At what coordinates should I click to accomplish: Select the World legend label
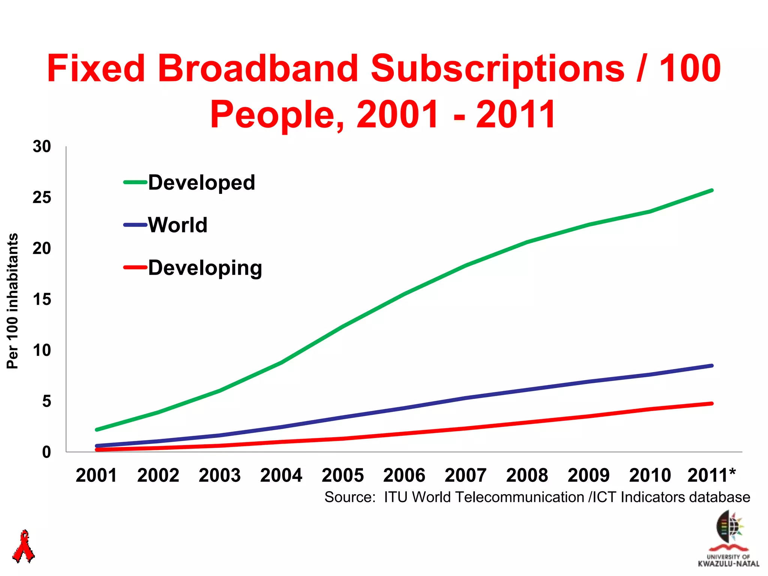point(177,225)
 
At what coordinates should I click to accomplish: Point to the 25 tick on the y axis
point(42,197)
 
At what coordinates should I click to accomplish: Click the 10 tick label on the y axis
point(42,350)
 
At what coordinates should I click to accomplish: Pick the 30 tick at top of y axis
point(42,147)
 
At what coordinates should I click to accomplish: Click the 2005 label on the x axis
point(343,475)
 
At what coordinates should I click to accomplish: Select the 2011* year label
point(711,475)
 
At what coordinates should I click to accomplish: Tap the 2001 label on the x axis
point(96,475)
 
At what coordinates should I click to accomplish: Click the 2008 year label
point(527,475)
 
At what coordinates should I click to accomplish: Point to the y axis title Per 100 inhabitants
point(12,301)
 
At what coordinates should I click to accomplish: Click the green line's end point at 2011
point(711,190)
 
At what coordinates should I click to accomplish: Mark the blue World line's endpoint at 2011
point(711,366)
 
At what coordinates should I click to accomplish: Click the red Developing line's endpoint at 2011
point(711,403)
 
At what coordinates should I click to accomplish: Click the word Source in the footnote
point(349,497)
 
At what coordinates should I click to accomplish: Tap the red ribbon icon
point(24,546)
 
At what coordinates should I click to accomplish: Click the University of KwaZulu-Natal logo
point(729,538)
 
